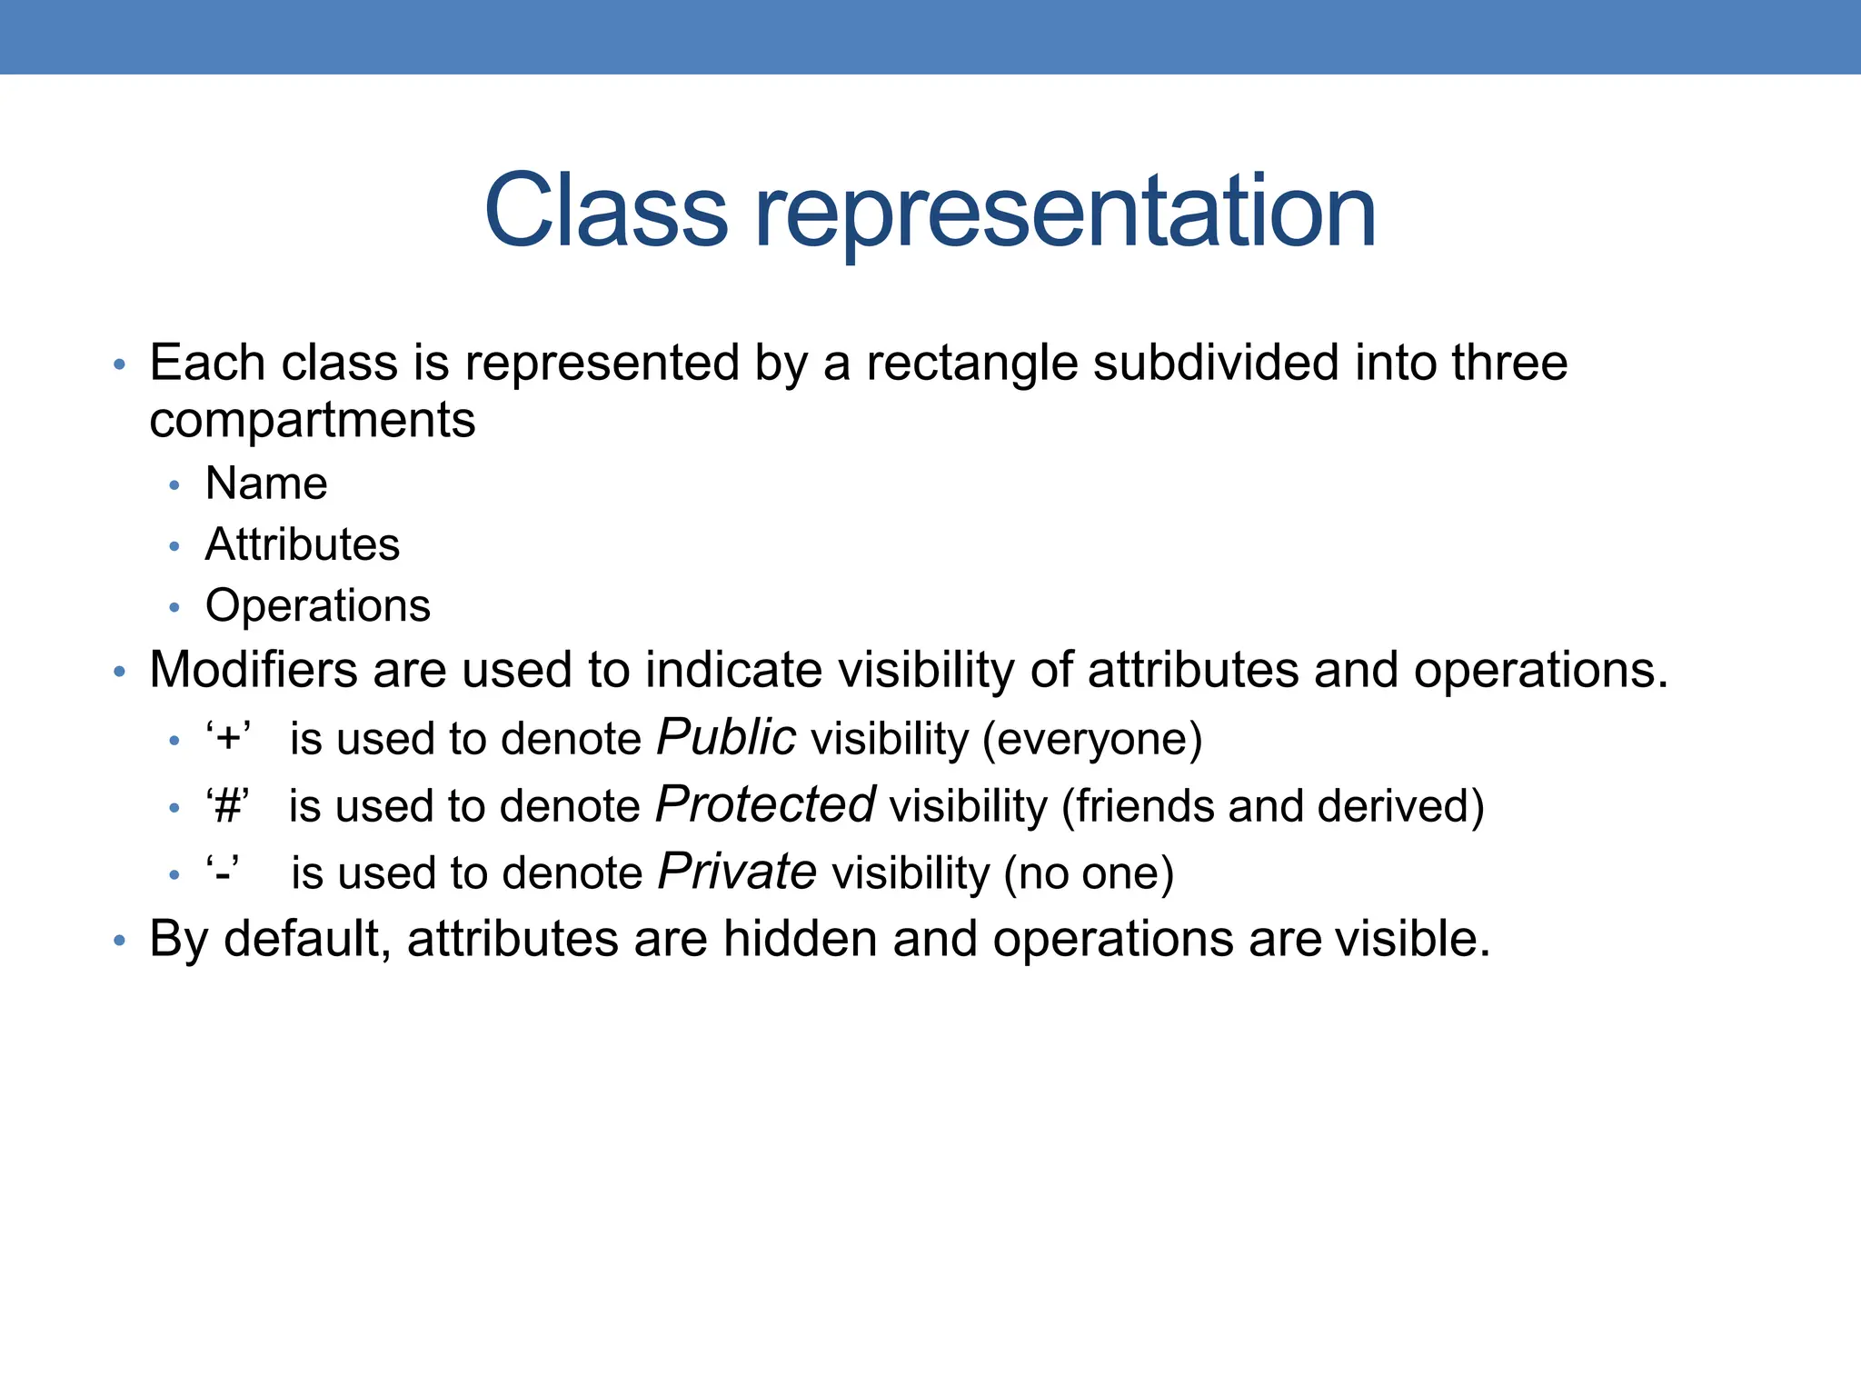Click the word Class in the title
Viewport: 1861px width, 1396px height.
(606, 211)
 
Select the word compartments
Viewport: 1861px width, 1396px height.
(312, 420)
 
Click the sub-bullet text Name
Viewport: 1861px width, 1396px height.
(266, 483)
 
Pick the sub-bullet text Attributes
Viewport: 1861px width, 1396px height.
(303, 544)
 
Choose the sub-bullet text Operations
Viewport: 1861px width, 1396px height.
(318, 605)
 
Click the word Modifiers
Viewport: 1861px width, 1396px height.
(252, 670)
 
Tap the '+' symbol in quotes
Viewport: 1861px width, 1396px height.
(228, 738)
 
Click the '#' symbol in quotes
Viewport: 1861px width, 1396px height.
(227, 806)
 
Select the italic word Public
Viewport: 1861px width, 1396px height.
(726, 737)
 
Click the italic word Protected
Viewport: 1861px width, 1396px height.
(765, 804)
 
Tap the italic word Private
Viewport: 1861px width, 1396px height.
(737, 872)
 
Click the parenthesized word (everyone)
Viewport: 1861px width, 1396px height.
(1092, 739)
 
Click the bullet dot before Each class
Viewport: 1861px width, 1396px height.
(119, 365)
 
